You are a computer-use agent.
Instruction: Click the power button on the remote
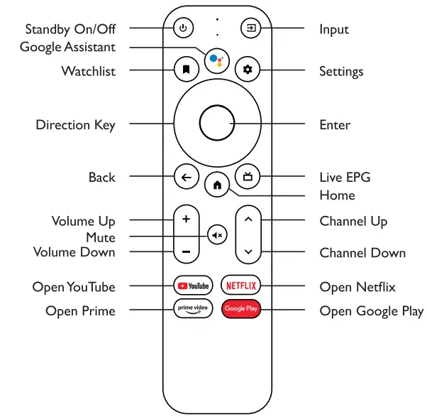183,29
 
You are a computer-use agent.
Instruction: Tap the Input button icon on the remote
250,29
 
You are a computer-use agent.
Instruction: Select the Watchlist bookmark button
185,70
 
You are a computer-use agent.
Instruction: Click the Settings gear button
248,70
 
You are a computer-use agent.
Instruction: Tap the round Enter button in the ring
216,124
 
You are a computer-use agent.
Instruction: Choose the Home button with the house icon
216,185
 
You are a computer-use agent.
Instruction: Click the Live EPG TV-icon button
248,177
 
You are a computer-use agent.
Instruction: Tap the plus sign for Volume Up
186,219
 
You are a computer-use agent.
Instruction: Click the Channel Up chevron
248,219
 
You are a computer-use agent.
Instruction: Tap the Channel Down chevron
248,251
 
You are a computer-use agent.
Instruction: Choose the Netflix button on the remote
240,285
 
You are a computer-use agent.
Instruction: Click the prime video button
193,308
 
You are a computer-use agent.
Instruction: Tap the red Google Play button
240,309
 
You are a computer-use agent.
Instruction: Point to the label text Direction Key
75,125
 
